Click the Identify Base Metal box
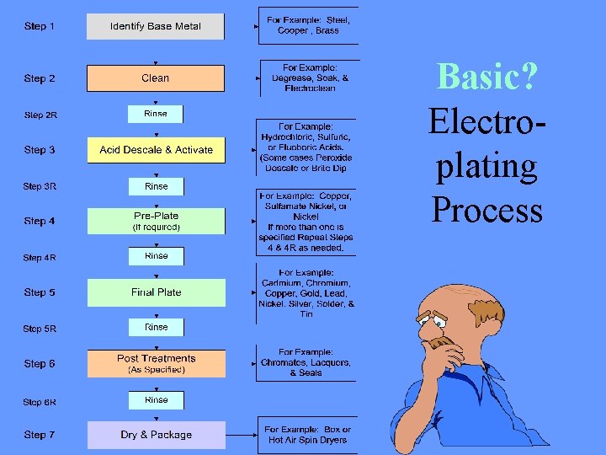pyautogui.click(x=156, y=27)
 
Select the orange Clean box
pyautogui.click(x=156, y=78)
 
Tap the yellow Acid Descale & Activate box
pyautogui.click(x=156, y=150)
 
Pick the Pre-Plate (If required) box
pyautogui.click(x=156, y=221)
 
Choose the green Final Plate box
pyautogui.click(x=156, y=292)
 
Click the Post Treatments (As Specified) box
pyautogui.click(x=156, y=363)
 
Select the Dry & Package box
pyautogui.click(x=156, y=435)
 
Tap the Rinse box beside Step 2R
pyautogui.click(x=156, y=114)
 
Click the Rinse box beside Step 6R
pyautogui.click(x=156, y=400)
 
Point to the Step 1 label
pyautogui.click(x=40, y=26)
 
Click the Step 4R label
pyautogui.click(x=40, y=258)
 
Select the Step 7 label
pyautogui.click(x=40, y=435)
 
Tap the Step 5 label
pyautogui.click(x=40, y=292)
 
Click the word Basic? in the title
pyautogui.click(x=487, y=78)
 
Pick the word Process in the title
pyautogui.click(x=487, y=209)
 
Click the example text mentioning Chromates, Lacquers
pyautogui.click(x=306, y=362)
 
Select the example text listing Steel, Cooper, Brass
pyautogui.click(x=308, y=24)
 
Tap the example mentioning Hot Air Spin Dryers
pyautogui.click(x=308, y=435)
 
